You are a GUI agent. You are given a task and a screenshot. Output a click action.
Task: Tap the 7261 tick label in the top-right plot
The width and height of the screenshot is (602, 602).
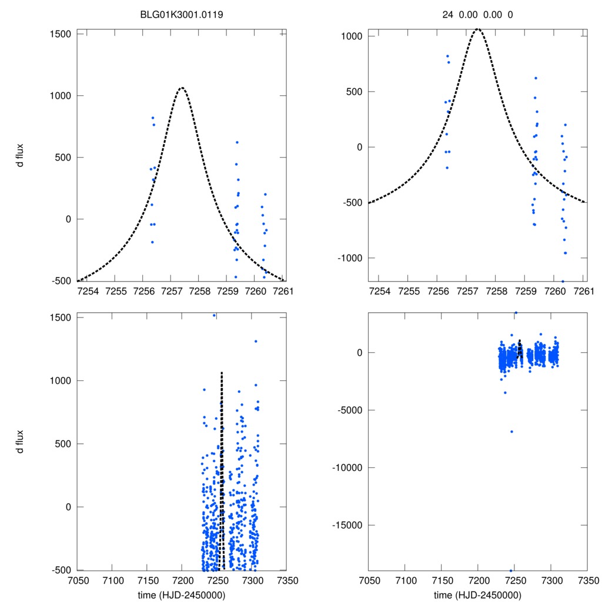tap(584, 292)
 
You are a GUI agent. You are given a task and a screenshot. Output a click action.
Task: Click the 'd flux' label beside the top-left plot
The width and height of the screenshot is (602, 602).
tap(21, 156)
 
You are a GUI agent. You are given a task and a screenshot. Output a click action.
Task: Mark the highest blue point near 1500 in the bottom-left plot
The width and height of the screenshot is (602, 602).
tap(214, 316)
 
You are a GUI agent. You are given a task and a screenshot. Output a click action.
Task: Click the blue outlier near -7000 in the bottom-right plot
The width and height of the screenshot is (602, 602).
tap(511, 432)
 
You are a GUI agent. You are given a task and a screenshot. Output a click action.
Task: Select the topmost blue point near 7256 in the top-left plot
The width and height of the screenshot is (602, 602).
tap(152, 118)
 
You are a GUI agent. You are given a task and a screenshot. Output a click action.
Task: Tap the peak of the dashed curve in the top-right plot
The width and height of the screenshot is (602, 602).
tap(478, 29)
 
